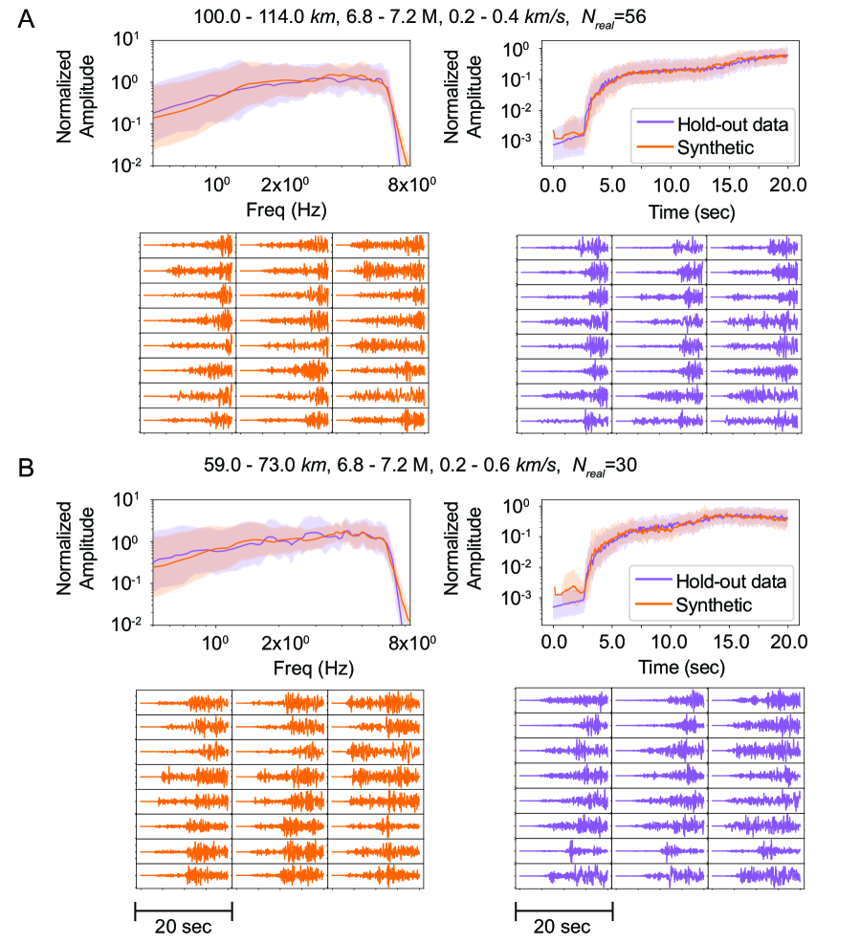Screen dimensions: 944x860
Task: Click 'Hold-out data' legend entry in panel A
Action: click(x=732, y=125)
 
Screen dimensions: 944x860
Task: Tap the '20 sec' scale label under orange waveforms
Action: click(x=183, y=926)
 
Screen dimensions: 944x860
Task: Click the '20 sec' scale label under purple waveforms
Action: click(x=563, y=926)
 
